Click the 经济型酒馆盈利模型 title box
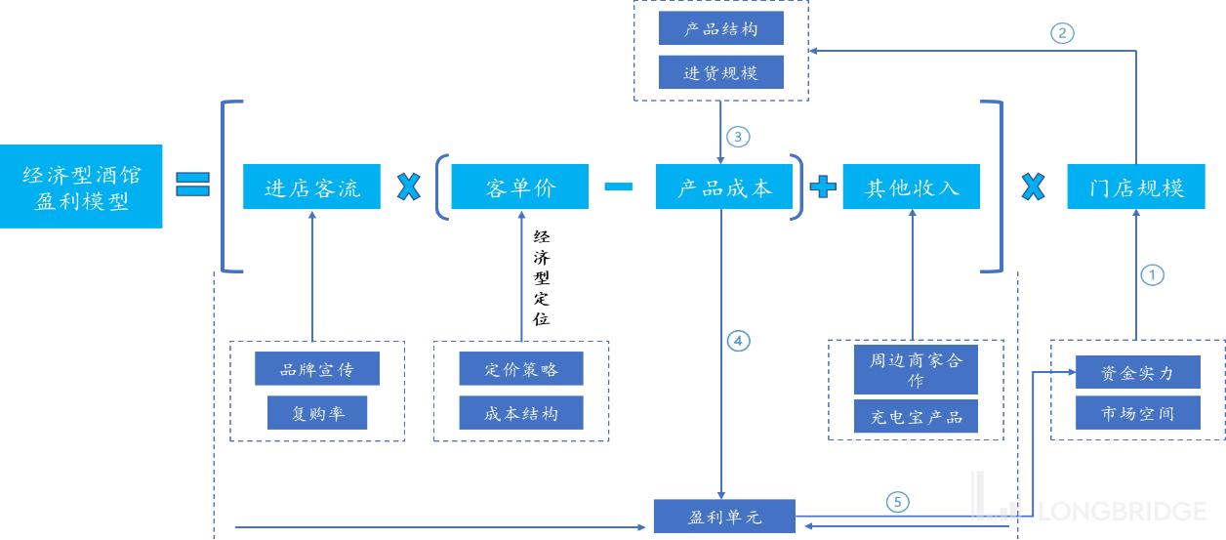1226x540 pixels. [81, 187]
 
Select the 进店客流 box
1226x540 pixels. [311, 187]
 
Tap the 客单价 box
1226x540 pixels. [520, 187]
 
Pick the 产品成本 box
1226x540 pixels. [724, 187]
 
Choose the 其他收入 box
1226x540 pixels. [912, 187]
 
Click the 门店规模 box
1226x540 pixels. [1136, 187]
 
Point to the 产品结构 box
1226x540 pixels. [720, 28]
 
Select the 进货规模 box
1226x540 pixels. [720, 71]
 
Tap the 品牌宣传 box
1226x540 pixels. [317, 368]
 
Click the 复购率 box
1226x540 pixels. [317, 412]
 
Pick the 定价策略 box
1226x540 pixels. [521, 368]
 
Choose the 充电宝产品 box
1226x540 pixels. [916, 416]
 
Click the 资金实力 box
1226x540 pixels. [1138, 372]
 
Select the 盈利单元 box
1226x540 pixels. [724, 516]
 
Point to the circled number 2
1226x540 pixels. [1062, 33]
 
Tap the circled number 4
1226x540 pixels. [738, 341]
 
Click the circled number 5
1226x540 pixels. [898, 502]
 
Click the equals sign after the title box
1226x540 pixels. [192, 184]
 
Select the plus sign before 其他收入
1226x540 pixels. [823, 187]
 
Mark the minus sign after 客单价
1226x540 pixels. [619, 187]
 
